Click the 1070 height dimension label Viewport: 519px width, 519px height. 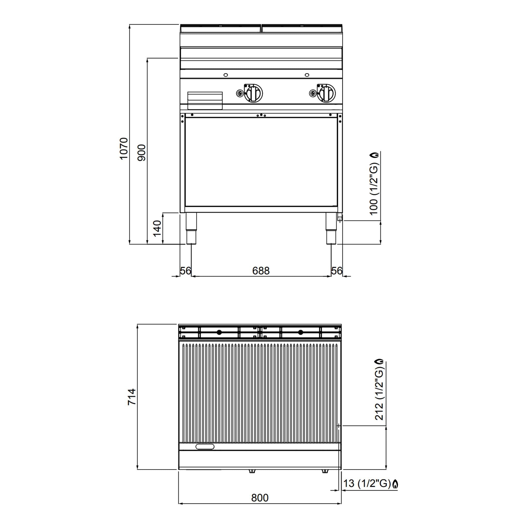pos(124,148)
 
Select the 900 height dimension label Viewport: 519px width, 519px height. pos(142,152)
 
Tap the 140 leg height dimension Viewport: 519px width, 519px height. pos(157,228)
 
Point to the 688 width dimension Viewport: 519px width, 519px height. pos(261,270)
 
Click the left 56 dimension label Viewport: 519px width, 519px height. pos(185,270)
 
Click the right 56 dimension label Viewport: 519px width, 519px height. pos(337,270)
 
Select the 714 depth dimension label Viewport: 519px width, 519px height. pos(132,397)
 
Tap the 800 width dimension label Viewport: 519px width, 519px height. pos(260,498)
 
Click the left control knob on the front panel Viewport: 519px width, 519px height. pos(253,93)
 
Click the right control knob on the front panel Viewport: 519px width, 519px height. pos(326,93)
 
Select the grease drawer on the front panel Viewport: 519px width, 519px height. pos(205,100)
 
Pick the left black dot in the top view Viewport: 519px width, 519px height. pos(219,332)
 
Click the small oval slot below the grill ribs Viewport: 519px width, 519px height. pos(205,446)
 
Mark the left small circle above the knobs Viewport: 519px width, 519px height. pos(226,75)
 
